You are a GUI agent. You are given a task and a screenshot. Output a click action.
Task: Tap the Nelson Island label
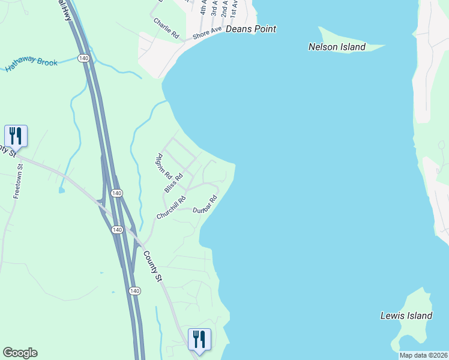(x=337, y=47)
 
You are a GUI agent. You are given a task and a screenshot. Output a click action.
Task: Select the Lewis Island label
(x=406, y=316)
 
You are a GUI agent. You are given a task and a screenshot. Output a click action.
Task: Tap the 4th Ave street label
(x=203, y=8)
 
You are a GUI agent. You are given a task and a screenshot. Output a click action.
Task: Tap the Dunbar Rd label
(x=204, y=205)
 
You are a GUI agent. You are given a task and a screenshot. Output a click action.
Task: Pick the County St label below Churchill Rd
(x=152, y=265)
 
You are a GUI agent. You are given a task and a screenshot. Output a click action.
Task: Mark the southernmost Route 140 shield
(x=134, y=290)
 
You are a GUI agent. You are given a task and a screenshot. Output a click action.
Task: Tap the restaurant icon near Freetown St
(x=16, y=136)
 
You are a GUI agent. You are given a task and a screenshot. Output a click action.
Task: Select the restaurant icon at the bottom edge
(x=199, y=339)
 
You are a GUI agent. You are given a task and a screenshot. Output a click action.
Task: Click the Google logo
(x=20, y=353)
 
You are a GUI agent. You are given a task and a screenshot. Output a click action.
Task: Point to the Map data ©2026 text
(x=423, y=355)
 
